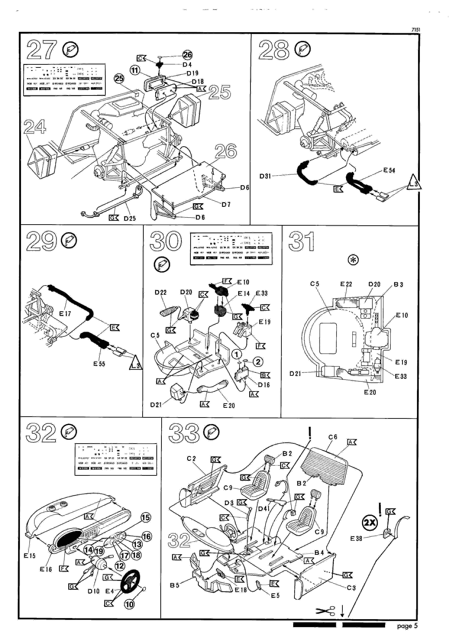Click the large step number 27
coord(41,50)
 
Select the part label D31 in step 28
coord(265,176)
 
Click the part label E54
coord(389,171)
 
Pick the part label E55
coord(99,364)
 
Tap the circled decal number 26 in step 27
coord(187,55)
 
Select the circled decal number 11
coord(135,70)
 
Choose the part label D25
coord(130,218)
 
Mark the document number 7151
coord(416,29)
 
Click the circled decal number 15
coord(146,517)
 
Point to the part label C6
coord(333,437)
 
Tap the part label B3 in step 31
coord(398,284)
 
